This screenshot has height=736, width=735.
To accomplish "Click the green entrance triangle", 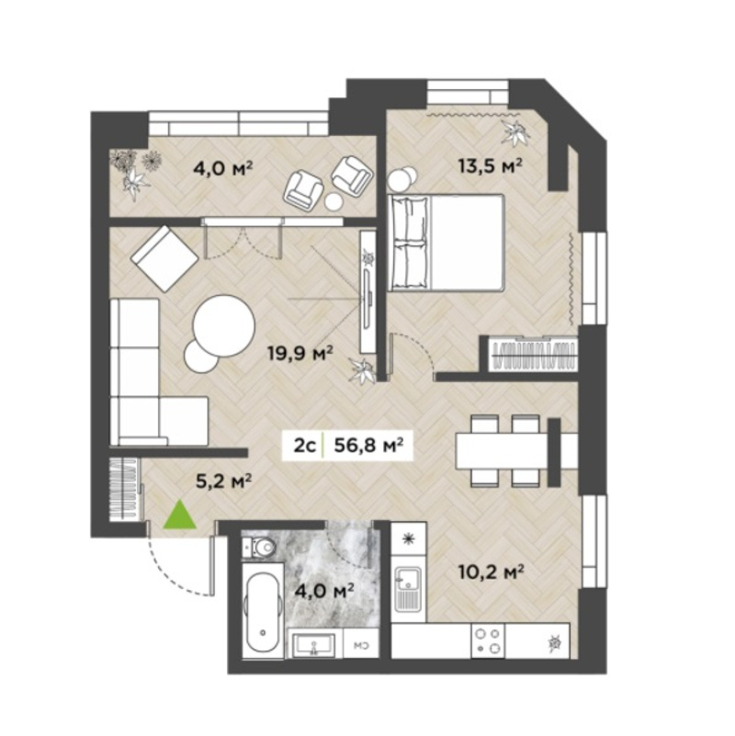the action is click(180, 515).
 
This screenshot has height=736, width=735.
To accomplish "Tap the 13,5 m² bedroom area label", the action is click(491, 165).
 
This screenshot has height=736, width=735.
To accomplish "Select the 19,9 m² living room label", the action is click(300, 352).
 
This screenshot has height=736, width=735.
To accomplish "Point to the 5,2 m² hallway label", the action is click(223, 481).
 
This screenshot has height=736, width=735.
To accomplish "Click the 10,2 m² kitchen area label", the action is click(491, 572).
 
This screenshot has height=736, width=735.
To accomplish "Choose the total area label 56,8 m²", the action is click(369, 445).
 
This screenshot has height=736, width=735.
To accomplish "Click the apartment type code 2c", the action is click(304, 445).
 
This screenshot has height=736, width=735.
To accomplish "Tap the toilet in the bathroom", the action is click(258, 547).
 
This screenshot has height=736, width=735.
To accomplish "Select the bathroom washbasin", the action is click(314, 644).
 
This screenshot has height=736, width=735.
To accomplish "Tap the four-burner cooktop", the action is click(487, 640).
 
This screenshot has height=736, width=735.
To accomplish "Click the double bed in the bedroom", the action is click(447, 243).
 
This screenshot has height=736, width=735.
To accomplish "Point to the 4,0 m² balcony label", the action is click(223, 167).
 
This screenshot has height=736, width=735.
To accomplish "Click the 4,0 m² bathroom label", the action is click(323, 591).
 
